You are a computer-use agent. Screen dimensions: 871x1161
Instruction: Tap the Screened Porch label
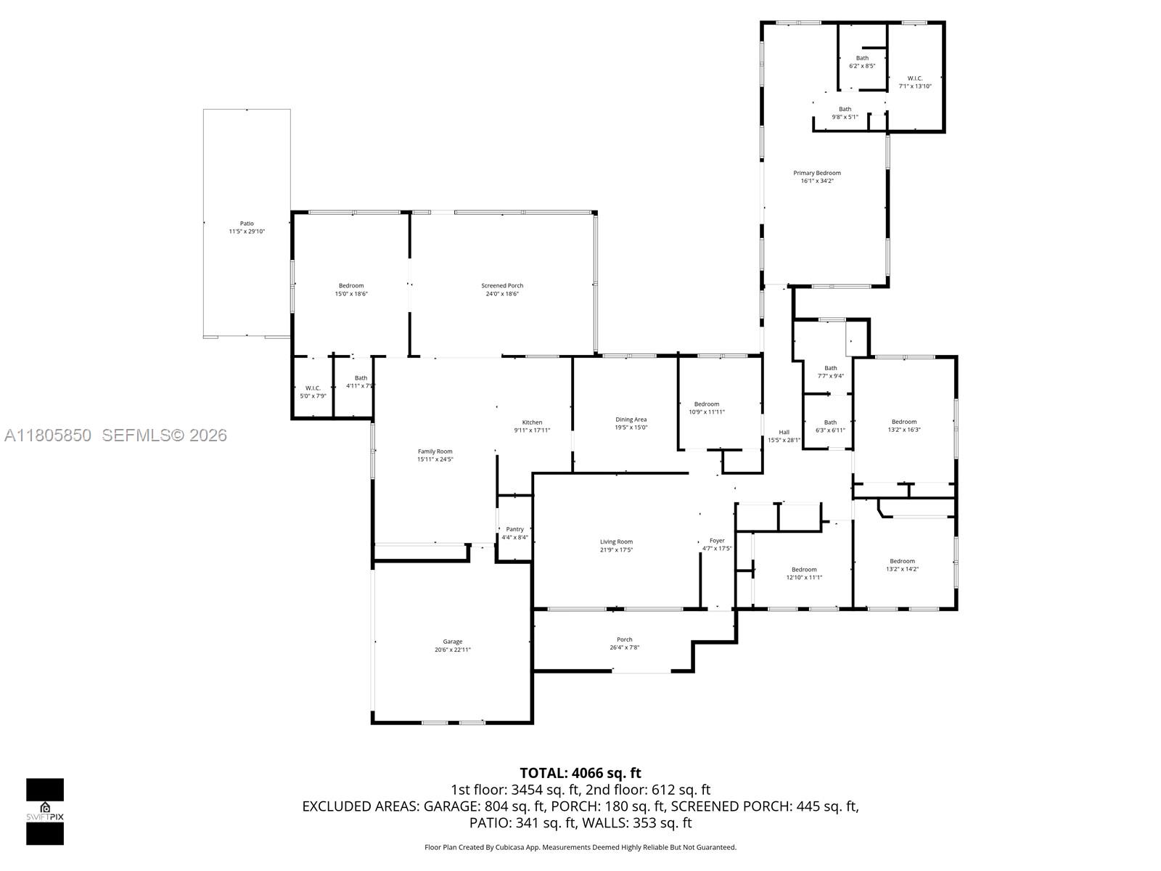tap(502, 286)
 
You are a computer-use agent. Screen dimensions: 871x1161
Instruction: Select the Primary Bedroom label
tap(816, 173)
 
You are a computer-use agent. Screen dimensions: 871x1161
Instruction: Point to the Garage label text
tap(453, 642)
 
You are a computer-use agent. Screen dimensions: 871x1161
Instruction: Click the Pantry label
tap(514, 529)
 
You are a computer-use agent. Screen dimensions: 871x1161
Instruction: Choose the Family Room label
tap(435, 451)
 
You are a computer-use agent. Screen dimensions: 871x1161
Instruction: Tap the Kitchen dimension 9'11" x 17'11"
tap(532, 430)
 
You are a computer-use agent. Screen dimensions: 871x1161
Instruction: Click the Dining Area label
tap(631, 420)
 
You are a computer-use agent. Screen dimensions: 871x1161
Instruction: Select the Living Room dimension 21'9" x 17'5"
tap(616, 549)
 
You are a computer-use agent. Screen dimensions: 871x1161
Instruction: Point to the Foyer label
tap(717, 541)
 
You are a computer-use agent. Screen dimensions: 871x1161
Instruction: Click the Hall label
tap(784, 432)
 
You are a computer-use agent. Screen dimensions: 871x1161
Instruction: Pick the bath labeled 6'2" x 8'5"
tap(862, 62)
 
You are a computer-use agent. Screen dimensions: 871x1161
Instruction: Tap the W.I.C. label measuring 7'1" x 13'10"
tap(914, 82)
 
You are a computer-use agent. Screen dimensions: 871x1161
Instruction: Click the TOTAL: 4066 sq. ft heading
tap(580, 773)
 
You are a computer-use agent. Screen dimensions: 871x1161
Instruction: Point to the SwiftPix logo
tap(45, 811)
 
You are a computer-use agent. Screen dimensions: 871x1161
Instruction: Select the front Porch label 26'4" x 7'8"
tap(624, 643)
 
